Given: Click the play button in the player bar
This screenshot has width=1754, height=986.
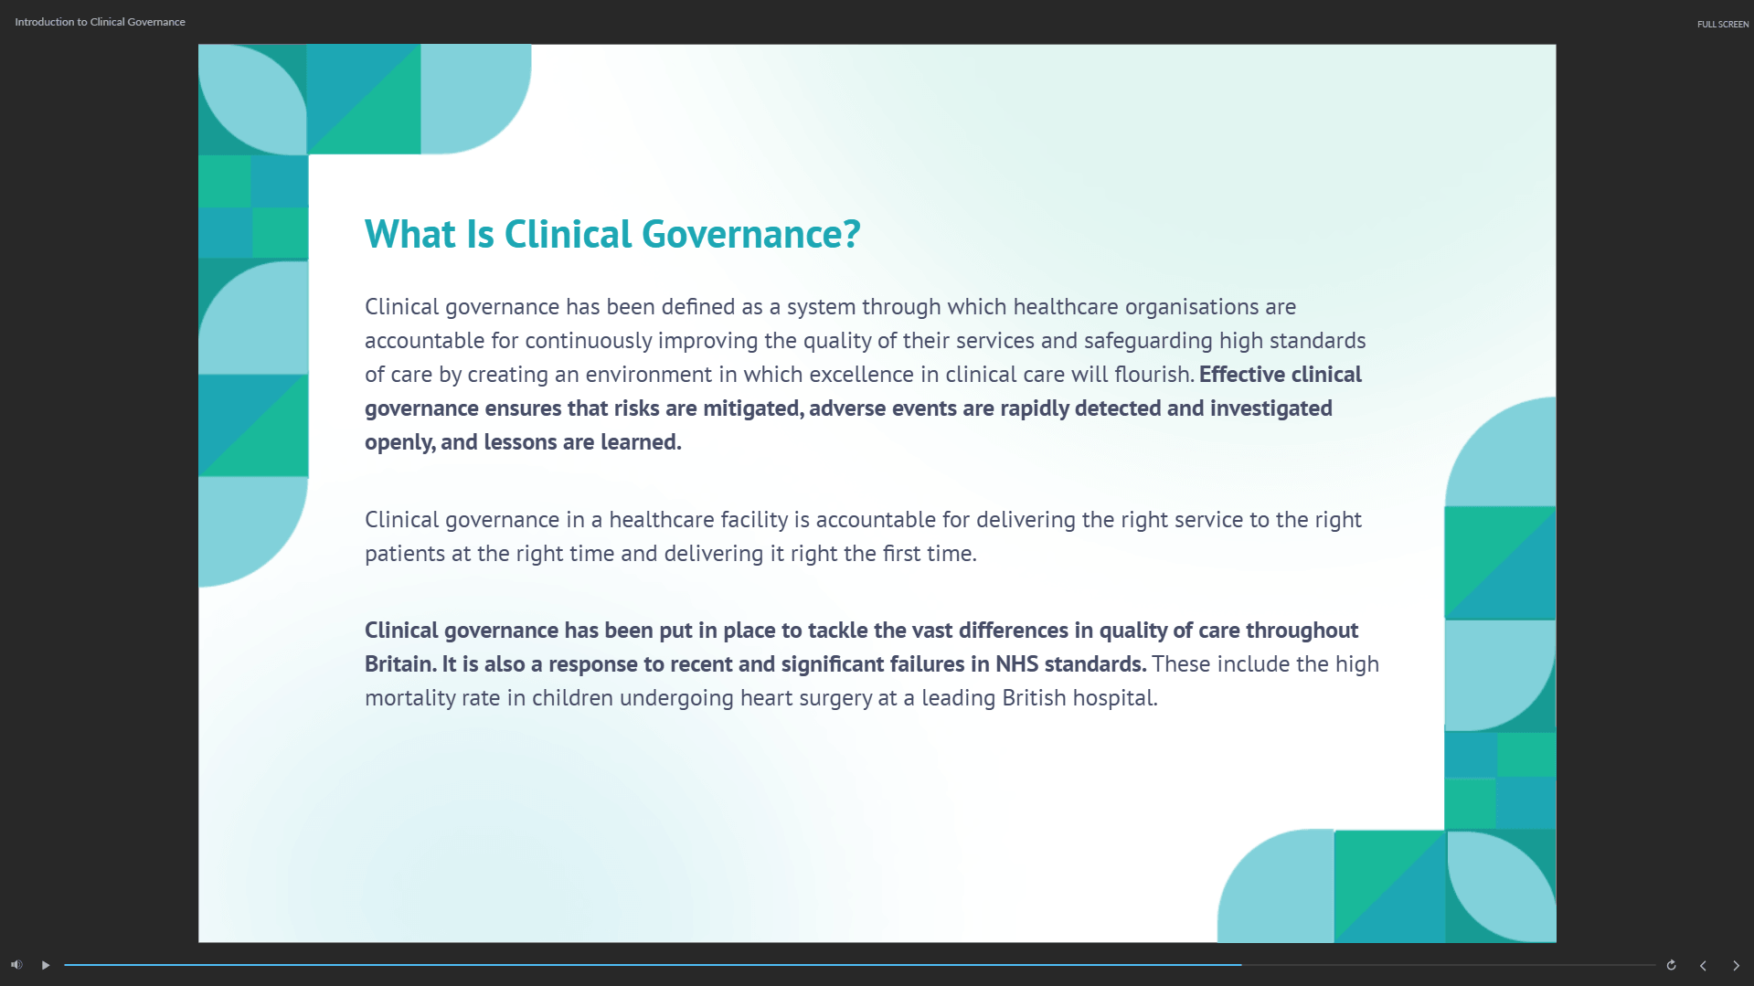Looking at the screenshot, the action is click(x=46, y=965).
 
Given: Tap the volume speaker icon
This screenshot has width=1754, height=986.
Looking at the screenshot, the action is click(x=16, y=965).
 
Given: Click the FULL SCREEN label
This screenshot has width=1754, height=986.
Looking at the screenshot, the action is click(x=1723, y=24).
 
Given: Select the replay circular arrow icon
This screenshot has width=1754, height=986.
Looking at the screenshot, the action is click(x=1671, y=965).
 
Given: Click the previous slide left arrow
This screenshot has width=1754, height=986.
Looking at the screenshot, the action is click(x=1703, y=965).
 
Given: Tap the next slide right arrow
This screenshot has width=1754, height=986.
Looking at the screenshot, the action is click(x=1736, y=965).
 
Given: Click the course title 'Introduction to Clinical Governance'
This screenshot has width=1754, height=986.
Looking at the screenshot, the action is click(x=100, y=22).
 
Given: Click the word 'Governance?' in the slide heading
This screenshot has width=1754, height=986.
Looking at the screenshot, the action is click(x=751, y=235).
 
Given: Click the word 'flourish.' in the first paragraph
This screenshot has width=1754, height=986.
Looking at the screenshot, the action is click(x=1154, y=375).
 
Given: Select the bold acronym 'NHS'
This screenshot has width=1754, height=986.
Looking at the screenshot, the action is click(x=1017, y=664).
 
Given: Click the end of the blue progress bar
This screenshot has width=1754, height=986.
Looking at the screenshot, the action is click(x=1241, y=965).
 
